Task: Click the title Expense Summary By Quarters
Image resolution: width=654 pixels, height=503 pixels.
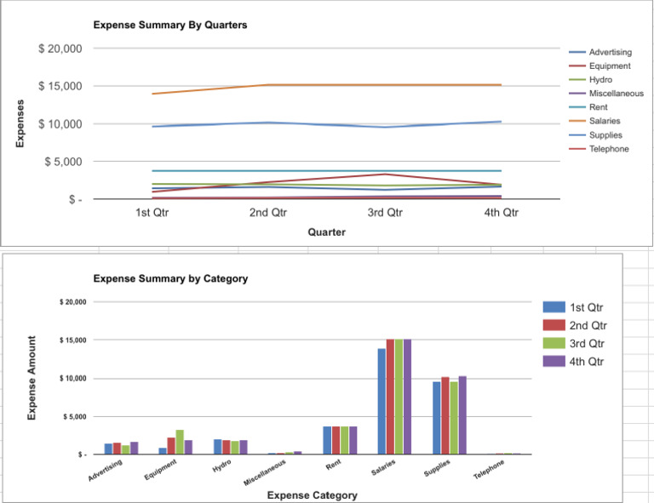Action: pyautogui.click(x=170, y=26)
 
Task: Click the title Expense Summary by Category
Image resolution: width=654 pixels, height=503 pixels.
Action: pyautogui.click(x=170, y=278)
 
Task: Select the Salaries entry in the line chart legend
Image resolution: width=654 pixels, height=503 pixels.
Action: pyautogui.click(x=604, y=121)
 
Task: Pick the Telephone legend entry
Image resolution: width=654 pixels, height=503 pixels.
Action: pyautogui.click(x=608, y=149)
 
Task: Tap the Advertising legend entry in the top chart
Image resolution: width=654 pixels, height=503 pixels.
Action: pyautogui.click(x=610, y=52)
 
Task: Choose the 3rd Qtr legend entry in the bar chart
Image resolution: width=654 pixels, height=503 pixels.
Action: pyautogui.click(x=588, y=344)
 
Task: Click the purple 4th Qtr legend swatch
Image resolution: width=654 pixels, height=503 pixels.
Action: pyautogui.click(x=554, y=361)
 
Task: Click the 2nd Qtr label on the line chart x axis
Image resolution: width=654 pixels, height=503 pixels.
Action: pyautogui.click(x=268, y=213)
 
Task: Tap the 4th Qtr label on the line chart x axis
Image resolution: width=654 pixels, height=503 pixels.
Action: pyautogui.click(x=501, y=213)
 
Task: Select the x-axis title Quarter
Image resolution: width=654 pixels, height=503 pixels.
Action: pyautogui.click(x=326, y=232)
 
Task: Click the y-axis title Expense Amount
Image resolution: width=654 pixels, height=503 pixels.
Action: pyautogui.click(x=32, y=378)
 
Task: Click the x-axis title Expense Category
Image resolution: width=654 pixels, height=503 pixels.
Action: pyautogui.click(x=312, y=495)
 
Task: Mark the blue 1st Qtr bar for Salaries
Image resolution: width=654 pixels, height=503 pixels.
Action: pyautogui.click(x=381, y=401)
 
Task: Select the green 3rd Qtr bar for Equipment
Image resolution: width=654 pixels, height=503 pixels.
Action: pyautogui.click(x=180, y=442)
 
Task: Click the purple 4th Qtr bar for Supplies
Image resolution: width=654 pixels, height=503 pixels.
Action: pyautogui.click(x=462, y=415)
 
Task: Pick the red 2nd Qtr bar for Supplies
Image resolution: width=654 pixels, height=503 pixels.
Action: pyautogui.click(x=445, y=415)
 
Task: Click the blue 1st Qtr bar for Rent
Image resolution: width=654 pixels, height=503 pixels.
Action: pyautogui.click(x=327, y=440)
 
